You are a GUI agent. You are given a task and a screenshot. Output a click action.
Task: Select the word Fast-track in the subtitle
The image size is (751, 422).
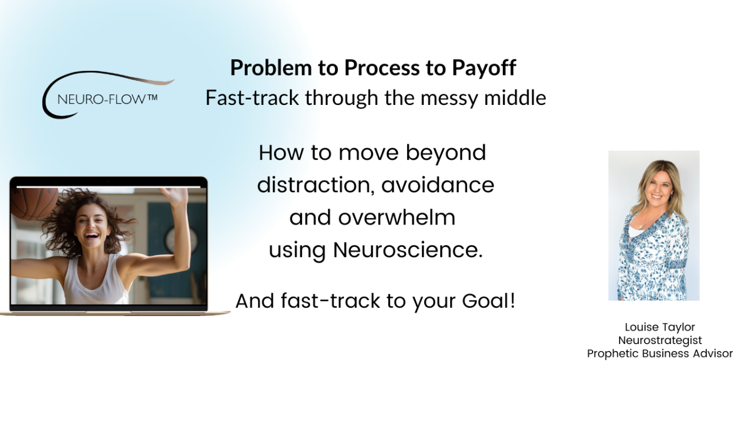[252, 98]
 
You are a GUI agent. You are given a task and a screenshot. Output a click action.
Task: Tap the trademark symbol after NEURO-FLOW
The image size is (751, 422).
[152, 98]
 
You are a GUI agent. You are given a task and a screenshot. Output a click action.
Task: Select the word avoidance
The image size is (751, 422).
[438, 185]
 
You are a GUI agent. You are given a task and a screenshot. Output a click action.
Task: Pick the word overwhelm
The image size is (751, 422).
[397, 217]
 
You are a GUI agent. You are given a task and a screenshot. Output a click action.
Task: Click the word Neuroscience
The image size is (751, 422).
[408, 250]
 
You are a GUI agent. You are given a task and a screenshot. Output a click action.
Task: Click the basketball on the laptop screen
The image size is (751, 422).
[33, 203]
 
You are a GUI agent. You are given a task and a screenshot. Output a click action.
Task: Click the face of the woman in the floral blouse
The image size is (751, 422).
[658, 190]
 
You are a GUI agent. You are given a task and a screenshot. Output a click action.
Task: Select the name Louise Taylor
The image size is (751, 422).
[660, 327]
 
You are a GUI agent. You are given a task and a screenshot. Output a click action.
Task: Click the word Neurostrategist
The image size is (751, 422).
[660, 341]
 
